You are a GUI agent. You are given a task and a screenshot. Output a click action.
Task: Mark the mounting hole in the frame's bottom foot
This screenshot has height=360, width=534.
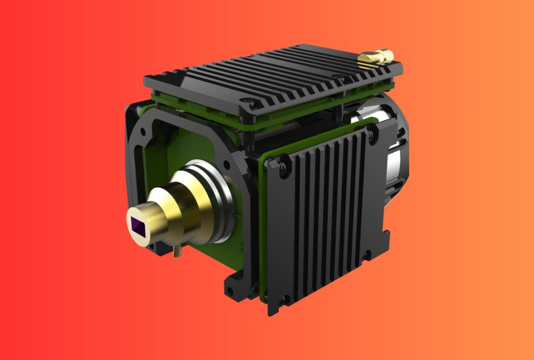point(231,292)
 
